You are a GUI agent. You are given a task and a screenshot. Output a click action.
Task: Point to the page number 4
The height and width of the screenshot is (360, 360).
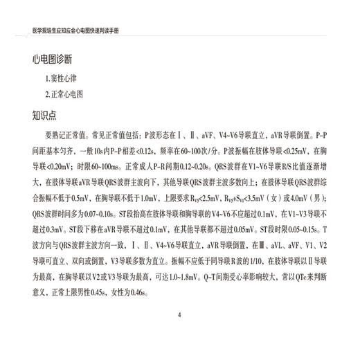pos(179,316)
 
